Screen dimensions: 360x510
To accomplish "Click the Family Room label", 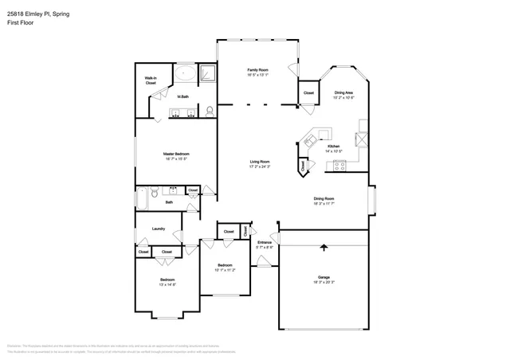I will [x=257, y=70].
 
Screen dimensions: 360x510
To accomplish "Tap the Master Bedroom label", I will [x=175, y=153].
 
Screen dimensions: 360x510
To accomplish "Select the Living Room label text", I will [x=260, y=162].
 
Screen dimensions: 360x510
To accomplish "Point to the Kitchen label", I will [x=335, y=146].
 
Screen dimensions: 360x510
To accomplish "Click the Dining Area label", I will [x=343, y=92].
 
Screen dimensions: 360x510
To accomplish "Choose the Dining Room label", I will [x=324, y=198].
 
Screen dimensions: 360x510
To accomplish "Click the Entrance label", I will [x=265, y=242].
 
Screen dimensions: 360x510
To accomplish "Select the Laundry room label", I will [x=158, y=229].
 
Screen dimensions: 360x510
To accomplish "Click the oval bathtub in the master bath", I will [x=186, y=75].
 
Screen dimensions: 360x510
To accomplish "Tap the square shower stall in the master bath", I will [x=207, y=73].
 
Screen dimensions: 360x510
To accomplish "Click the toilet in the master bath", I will [x=210, y=111].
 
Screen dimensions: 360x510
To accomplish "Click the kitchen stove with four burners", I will [x=340, y=166].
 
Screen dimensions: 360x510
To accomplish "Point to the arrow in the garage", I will [x=324, y=247].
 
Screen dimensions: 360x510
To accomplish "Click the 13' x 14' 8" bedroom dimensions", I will [x=167, y=284].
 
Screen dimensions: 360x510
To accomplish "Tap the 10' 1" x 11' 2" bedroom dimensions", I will [x=225, y=270].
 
